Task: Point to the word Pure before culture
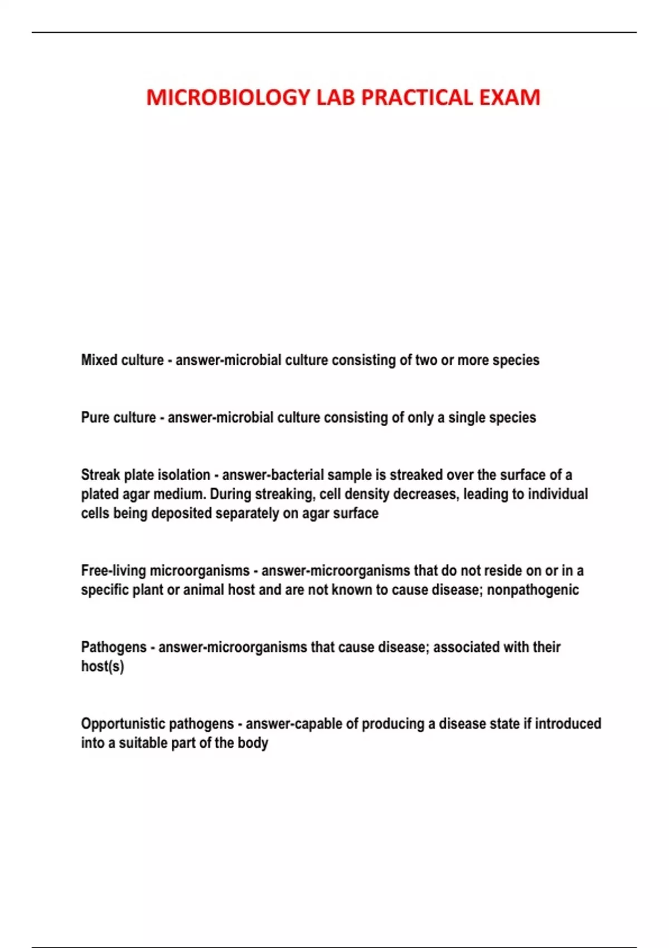click(x=95, y=418)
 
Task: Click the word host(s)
click(x=102, y=666)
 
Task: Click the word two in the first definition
click(x=426, y=360)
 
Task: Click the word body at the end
click(x=253, y=743)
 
